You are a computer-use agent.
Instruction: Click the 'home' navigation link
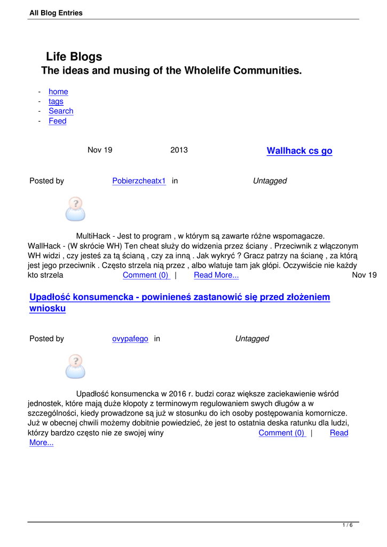click(x=58, y=92)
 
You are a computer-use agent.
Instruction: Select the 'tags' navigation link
click(x=56, y=101)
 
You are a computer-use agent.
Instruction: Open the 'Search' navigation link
click(x=61, y=111)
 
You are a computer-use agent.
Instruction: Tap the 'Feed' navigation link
click(x=58, y=121)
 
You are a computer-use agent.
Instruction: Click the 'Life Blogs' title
click(x=74, y=57)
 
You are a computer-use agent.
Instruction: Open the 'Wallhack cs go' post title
click(x=299, y=151)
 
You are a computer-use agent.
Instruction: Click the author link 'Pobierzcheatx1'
click(x=139, y=181)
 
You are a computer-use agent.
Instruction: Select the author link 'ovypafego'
click(x=130, y=339)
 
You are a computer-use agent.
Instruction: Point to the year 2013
click(x=179, y=150)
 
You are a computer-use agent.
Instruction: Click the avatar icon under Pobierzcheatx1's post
click(x=75, y=209)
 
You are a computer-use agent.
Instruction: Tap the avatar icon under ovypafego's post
click(x=75, y=366)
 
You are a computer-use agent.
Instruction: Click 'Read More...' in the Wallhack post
click(x=216, y=275)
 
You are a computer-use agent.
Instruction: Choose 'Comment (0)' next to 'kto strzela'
click(x=145, y=275)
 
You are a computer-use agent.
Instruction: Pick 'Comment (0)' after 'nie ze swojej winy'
click(x=281, y=433)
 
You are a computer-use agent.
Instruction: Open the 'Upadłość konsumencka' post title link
click(x=179, y=297)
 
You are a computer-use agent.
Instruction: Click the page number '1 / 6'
click(x=347, y=526)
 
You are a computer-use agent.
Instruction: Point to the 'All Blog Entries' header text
click(x=56, y=13)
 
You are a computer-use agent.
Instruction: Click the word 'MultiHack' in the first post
click(x=93, y=236)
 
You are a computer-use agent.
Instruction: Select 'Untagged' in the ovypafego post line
click(x=252, y=339)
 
